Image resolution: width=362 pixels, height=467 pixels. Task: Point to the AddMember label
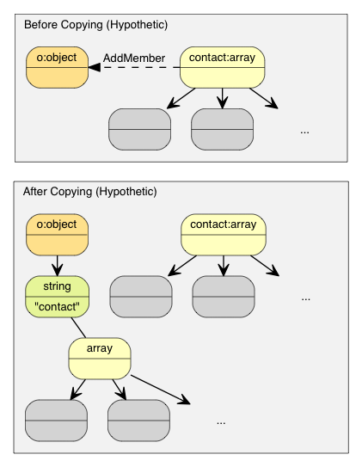[133, 58]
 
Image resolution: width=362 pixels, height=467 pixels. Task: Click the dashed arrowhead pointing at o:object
[93, 69]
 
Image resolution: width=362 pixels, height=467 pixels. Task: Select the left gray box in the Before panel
[140, 129]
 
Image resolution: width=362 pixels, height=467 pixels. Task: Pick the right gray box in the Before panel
[222, 129]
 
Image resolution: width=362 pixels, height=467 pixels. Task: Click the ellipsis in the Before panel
[304, 132]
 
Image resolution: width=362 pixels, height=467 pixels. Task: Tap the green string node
[57, 296]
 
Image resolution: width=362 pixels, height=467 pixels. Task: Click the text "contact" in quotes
[57, 306]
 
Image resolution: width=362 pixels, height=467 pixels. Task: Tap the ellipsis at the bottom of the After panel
[221, 422]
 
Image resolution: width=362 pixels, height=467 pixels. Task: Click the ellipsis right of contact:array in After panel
[306, 298]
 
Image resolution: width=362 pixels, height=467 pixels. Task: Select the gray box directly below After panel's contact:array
[223, 297]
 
